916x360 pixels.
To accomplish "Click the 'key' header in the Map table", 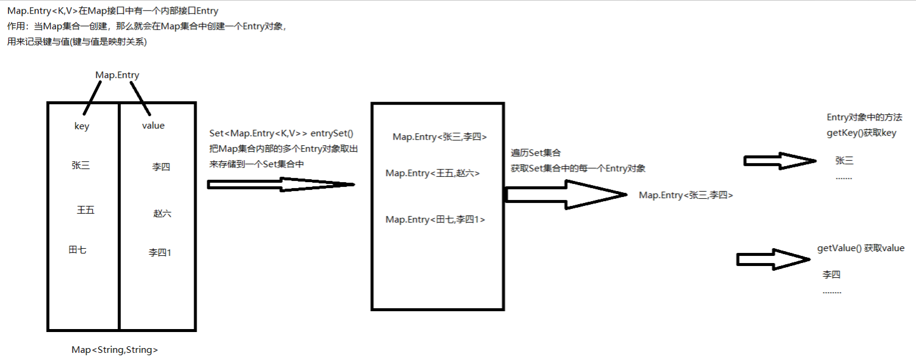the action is click(81, 126).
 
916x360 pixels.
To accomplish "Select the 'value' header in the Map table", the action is click(153, 126).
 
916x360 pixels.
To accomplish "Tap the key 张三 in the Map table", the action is click(80, 165).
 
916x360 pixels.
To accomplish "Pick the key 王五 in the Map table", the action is click(86, 210).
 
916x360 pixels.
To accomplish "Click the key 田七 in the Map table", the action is click(77, 250).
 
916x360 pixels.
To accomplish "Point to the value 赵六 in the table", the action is click(162, 213).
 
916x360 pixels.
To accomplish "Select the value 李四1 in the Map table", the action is click(160, 253).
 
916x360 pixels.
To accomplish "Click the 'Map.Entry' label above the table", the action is click(117, 75).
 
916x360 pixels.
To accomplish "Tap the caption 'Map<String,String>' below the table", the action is click(115, 350).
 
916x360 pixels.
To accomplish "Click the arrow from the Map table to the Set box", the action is click(281, 184).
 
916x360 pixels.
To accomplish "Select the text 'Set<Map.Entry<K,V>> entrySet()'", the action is click(282, 134).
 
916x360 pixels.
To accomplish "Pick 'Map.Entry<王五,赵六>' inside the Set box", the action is click(432, 173).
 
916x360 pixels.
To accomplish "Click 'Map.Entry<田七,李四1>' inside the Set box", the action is click(435, 220).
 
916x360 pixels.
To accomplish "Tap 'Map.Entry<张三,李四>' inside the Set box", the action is click(440, 137).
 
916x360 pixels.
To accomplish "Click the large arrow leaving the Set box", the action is click(564, 194).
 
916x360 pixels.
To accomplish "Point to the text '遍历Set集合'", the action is click(536, 154).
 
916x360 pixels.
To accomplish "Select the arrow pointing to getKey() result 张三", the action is click(779, 161).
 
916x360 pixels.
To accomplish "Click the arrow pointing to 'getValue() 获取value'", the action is click(773, 259).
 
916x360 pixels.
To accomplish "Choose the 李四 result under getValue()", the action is click(832, 275).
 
